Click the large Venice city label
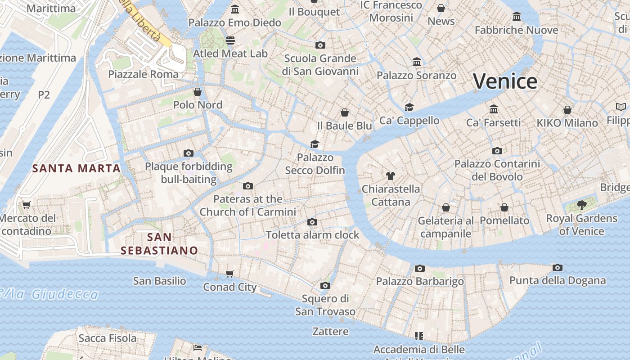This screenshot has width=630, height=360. pos(505,81)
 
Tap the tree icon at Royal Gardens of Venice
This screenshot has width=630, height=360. pos(581,205)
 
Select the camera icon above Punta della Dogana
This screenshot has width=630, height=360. pos(557,268)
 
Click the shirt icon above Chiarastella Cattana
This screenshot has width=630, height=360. pos(390,176)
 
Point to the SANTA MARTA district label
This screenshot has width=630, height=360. pos(76,169)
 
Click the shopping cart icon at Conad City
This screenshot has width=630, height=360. pos(230,274)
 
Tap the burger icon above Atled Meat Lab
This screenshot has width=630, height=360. pos(230,40)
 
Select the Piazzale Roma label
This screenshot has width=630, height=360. pos(143,74)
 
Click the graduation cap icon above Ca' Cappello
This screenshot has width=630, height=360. pos(409,107)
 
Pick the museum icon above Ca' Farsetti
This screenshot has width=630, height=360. pos(494,109)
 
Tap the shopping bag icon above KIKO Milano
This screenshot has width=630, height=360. pos(567,110)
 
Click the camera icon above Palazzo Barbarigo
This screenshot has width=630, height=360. pos(419,269)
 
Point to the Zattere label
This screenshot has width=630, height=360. pos(330,332)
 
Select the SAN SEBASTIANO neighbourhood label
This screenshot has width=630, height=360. pos(159,243)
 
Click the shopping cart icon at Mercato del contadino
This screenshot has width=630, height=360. pos(27,205)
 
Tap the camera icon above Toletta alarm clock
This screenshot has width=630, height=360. pos(312,222)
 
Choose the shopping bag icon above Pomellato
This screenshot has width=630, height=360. pos(504,207)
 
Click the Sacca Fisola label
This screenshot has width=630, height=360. pos(107,338)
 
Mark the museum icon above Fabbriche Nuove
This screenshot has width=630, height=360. pos(517,17)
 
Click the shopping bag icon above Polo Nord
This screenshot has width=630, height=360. pos(197,92)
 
